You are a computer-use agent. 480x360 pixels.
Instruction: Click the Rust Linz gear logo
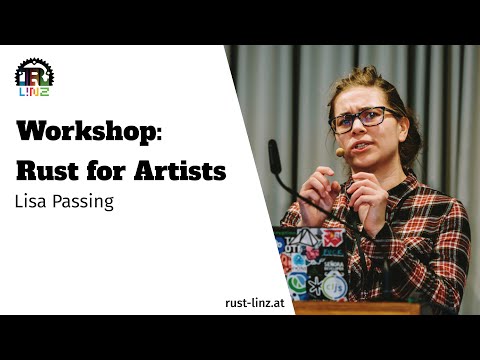click(33, 77)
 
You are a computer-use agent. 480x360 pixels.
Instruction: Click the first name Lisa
click(32, 202)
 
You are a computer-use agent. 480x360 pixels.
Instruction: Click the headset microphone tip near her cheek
click(340, 153)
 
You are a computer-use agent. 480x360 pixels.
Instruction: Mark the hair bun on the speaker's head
click(372, 75)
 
